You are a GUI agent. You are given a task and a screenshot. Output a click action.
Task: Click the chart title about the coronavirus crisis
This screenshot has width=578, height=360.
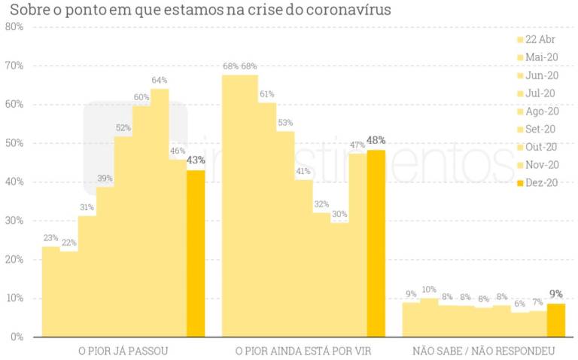pos(199,10)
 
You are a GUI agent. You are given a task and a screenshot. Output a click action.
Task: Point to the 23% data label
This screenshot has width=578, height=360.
pos(50,238)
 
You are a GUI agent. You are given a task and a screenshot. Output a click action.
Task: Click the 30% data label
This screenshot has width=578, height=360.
pos(339,214)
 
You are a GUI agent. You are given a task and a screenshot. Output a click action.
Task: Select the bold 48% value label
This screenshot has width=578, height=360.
pos(376,140)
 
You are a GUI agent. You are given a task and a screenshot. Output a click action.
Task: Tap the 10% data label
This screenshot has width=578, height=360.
pos(429,290)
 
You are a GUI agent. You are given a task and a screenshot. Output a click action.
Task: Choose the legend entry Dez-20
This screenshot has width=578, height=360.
pos(537,183)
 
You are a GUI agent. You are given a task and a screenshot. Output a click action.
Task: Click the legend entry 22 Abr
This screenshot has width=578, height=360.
pos(537,40)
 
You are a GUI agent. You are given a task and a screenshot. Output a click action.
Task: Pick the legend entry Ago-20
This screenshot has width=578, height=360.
pos(537,111)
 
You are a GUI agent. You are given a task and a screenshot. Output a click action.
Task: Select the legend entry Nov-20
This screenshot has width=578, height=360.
pos(537,165)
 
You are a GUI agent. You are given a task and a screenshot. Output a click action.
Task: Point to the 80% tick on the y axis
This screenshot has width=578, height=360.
pos(14,27)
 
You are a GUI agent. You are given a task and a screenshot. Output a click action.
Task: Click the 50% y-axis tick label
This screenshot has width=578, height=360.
pos(14,143)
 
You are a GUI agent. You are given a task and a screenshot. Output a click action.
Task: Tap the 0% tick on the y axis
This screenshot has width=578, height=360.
pos(16,337)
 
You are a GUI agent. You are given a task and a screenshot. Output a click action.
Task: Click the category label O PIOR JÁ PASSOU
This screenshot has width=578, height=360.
pos(123,351)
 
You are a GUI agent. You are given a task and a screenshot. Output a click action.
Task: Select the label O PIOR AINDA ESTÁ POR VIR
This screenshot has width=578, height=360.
pos(303,351)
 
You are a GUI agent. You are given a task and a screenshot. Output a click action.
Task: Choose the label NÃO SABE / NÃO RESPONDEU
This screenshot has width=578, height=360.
pos(483,351)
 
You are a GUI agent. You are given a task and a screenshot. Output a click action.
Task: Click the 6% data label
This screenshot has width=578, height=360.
pos(519,304)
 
